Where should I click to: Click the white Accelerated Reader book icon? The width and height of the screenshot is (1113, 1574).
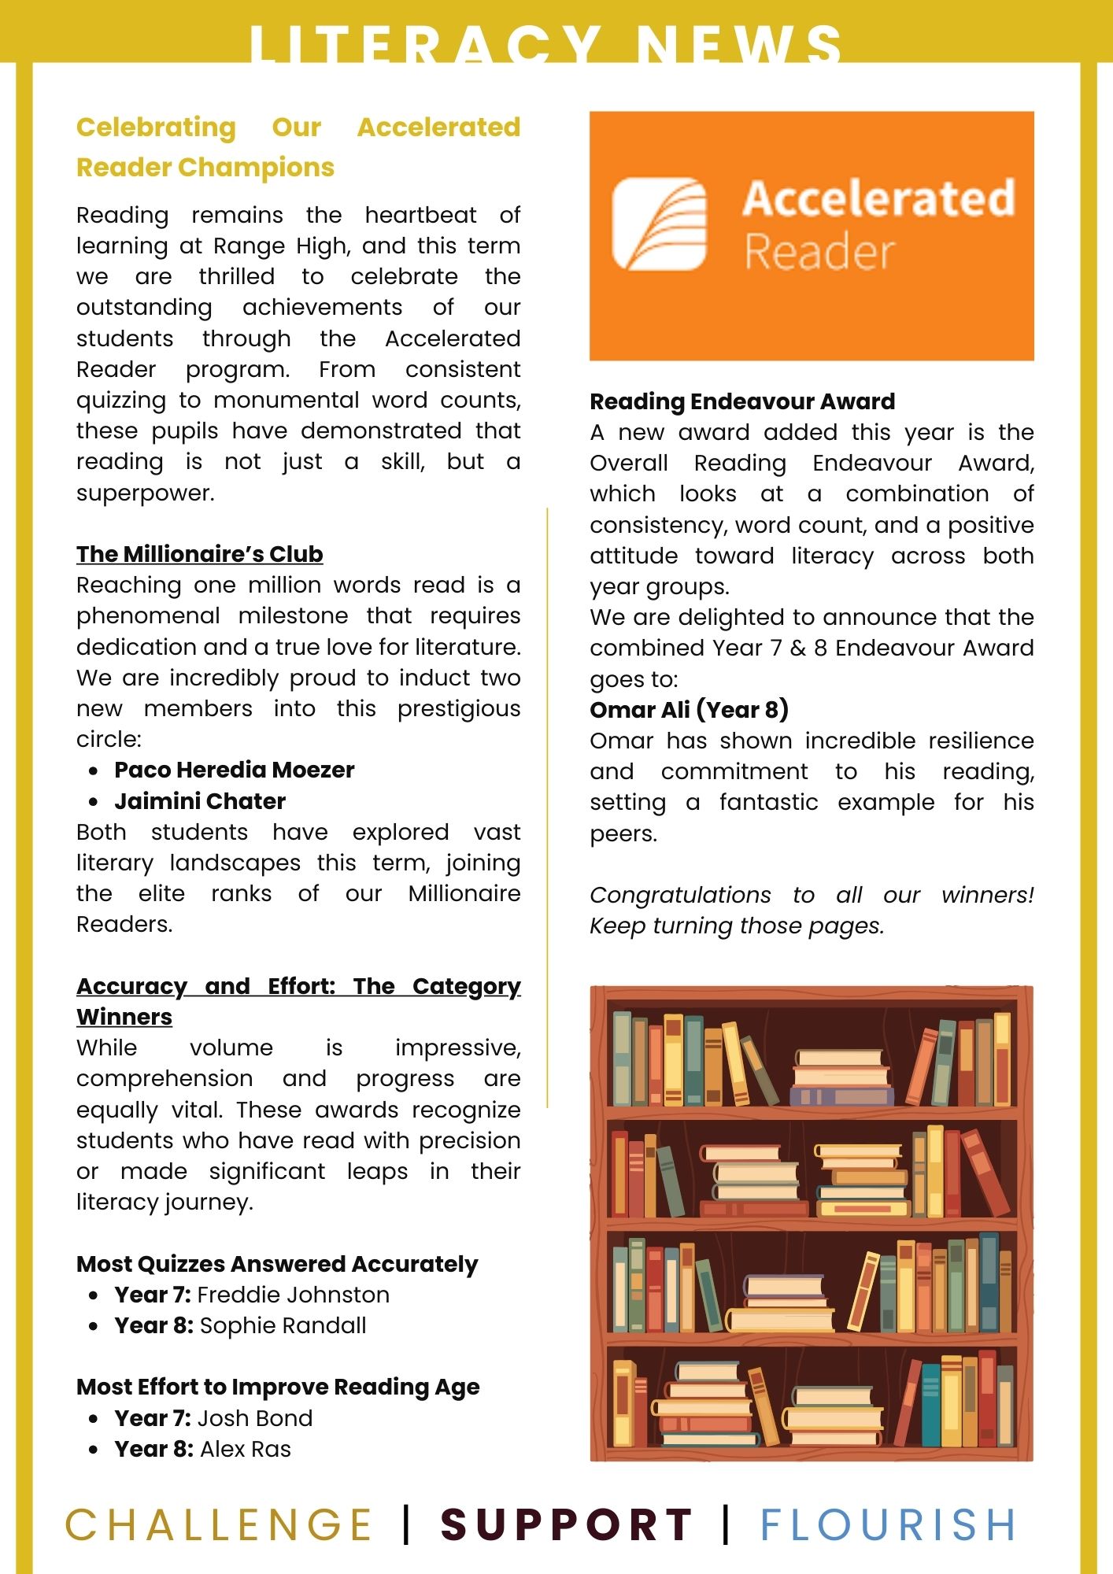point(660,224)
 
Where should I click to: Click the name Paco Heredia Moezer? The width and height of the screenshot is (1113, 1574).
point(234,770)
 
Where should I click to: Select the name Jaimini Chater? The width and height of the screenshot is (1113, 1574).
point(200,801)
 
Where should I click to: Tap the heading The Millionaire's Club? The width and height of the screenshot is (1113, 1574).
point(199,554)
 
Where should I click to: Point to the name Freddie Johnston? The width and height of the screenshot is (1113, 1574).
point(293,1295)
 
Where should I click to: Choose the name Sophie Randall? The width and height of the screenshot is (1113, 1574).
point(283,1325)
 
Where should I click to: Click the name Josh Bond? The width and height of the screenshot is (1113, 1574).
point(254,1418)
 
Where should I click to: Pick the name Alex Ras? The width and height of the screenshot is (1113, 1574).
point(245,1449)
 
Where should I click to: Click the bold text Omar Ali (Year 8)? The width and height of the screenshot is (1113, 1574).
point(689,710)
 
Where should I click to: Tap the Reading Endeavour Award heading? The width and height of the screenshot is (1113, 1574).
point(742,401)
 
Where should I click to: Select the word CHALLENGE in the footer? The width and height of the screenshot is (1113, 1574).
point(218,1524)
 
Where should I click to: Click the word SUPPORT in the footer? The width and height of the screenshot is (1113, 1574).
point(567,1524)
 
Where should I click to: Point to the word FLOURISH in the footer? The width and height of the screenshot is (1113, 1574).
point(888,1524)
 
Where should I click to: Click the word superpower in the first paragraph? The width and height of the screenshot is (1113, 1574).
point(145,493)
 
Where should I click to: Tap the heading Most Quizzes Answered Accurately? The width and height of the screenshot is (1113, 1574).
point(277,1264)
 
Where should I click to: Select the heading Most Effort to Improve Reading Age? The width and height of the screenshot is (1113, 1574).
point(278,1387)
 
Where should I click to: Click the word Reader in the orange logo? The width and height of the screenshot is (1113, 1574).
point(819,252)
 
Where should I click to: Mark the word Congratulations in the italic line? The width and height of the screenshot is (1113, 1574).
point(680,895)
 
